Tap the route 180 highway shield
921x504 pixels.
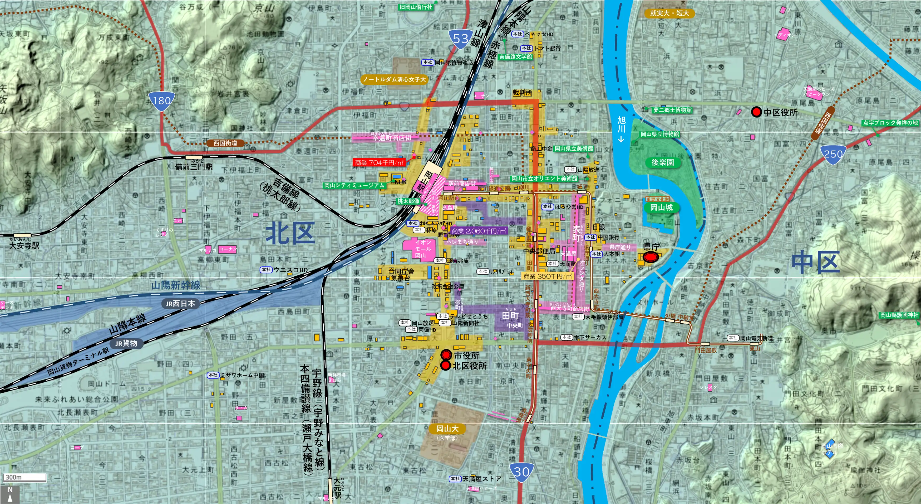click(162, 100)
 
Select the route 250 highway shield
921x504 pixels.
click(833, 154)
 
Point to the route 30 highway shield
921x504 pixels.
click(522, 472)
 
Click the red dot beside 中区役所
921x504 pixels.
click(756, 112)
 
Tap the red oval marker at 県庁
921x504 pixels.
click(651, 257)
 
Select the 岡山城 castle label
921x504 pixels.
click(661, 207)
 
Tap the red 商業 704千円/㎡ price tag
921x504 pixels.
click(379, 162)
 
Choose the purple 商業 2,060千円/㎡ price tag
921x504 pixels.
click(479, 231)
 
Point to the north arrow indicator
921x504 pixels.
click(10, 494)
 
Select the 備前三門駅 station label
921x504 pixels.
click(193, 167)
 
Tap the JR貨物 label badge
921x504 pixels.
click(126, 344)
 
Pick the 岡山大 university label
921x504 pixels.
click(447, 429)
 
